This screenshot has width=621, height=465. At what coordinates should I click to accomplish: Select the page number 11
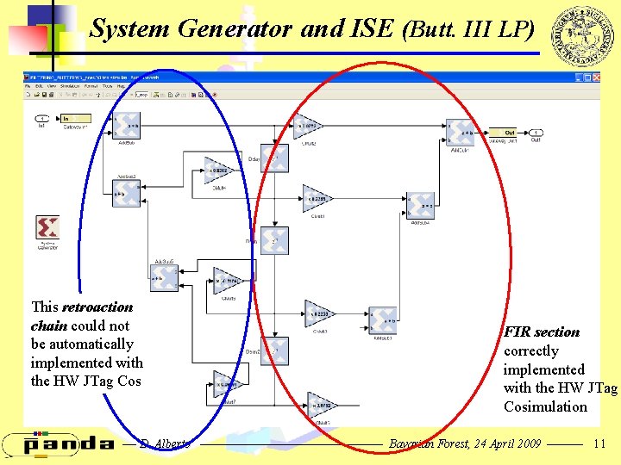pyautogui.click(x=600, y=443)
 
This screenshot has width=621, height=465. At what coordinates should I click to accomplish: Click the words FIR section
pyautogui.click(x=542, y=332)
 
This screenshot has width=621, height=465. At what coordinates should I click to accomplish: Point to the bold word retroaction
pyautogui.click(x=97, y=307)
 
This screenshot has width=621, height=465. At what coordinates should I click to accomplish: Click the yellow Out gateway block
pyautogui.click(x=509, y=133)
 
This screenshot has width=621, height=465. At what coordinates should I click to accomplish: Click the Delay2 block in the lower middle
pyautogui.click(x=274, y=350)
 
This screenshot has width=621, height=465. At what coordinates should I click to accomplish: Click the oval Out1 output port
pyautogui.click(x=536, y=133)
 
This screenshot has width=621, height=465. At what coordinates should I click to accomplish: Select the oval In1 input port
pyautogui.click(x=41, y=119)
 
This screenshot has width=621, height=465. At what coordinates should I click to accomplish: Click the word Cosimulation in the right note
pyautogui.click(x=545, y=406)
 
